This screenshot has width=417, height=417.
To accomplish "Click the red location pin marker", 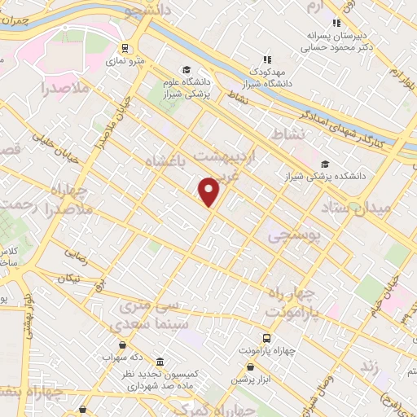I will (x=209, y=191).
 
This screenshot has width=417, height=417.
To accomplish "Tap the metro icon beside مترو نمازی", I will (x=125, y=48).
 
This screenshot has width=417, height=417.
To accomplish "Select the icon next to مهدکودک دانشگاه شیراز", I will (x=266, y=59).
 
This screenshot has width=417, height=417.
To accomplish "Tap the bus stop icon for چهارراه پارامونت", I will (x=266, y=337).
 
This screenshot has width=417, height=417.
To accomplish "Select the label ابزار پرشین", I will (x=249, y=380).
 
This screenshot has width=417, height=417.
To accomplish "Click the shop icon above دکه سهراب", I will (x=122, y=345).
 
